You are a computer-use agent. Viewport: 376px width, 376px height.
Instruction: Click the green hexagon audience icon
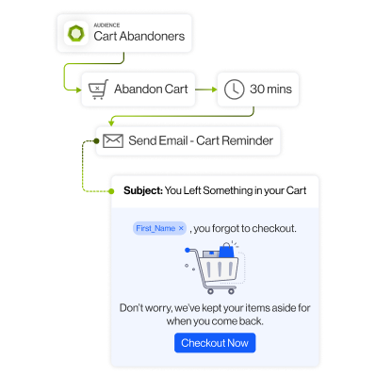pos(75,35)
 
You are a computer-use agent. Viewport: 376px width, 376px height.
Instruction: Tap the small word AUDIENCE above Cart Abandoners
pos(106,26)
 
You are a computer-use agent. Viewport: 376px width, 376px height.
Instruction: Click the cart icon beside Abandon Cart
pos(97,90)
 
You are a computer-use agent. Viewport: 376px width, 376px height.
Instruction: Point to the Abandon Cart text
pos(151,90)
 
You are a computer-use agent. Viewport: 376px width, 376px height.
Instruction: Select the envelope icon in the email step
pos(113,141)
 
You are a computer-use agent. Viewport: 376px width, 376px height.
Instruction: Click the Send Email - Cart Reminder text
pos(201,141)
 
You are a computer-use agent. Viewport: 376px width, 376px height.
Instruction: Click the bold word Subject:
pos(142,190)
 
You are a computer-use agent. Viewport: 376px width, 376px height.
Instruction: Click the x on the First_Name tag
pos(181,229)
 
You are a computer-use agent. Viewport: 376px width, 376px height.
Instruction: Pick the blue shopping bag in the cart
pos(226,252)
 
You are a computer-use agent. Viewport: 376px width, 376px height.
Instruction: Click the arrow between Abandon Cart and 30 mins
pos(205,90)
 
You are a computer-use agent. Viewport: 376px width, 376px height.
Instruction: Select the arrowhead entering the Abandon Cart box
pos(77,90)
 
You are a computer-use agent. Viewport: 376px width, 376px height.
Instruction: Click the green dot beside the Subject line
pos(111,190)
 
